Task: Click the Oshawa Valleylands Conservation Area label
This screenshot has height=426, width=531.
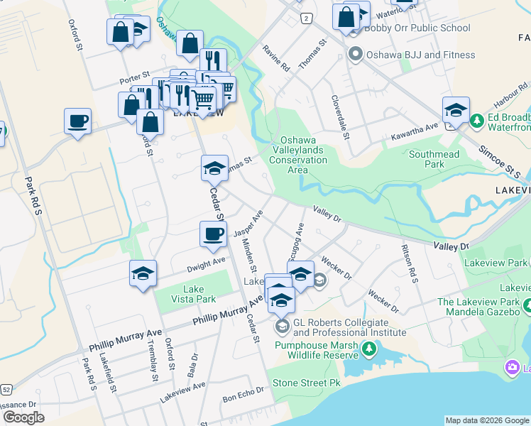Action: coord(302,155)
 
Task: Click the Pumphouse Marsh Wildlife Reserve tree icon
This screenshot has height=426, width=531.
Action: coord(368,349)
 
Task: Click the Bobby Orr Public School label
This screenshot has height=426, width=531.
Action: coord(417,28)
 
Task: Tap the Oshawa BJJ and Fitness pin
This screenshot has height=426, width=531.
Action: coord(356,55)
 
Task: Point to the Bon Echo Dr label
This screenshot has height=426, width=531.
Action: coord(243,394)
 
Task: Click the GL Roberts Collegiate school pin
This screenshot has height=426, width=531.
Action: coord(281,327)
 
